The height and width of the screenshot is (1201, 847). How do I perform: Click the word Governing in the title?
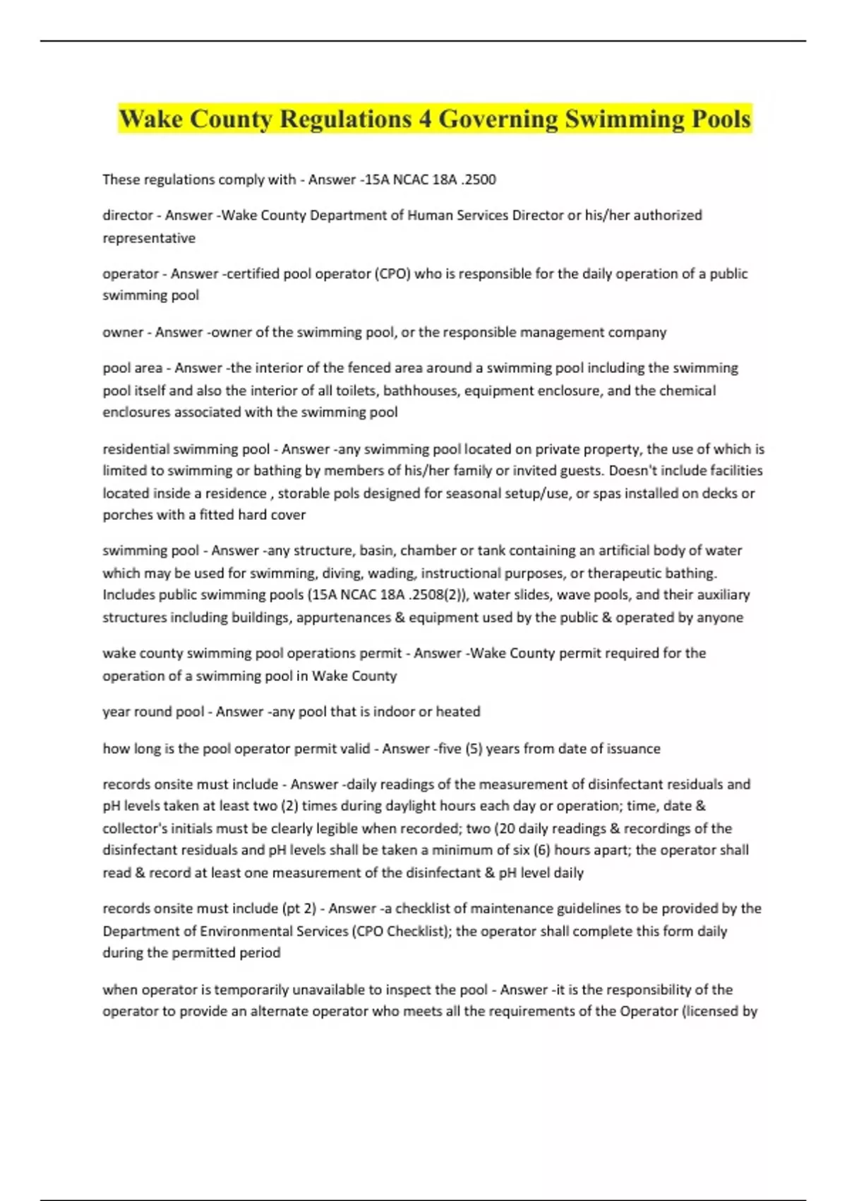(498, 119)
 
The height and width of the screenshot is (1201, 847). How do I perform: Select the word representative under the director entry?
(149, 238)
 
